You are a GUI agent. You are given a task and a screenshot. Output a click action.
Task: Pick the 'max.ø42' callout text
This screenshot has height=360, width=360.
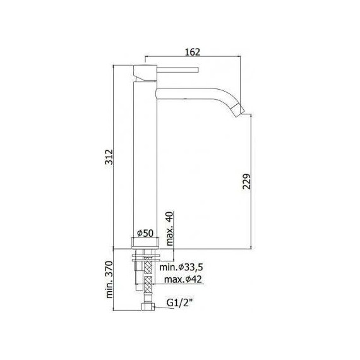[184, 280]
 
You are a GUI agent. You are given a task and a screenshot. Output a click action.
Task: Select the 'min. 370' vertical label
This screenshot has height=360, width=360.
[108, 279]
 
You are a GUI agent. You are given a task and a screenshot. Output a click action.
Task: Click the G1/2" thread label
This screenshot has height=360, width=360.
[179, 303]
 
